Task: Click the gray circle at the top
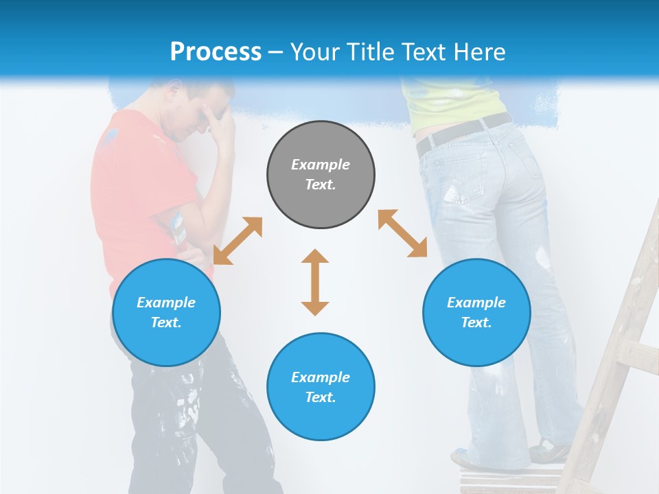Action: [x=321, y=174]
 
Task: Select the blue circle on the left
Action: [x=166, y=312]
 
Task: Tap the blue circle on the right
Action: [x=476, y=312]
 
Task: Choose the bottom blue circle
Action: [x=321, y=387]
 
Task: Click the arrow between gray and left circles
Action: [x=238, y=241]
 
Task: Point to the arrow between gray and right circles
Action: [x=402, y=233]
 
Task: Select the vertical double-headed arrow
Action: [x=315, y=282]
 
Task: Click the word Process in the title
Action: [x=216, y=51]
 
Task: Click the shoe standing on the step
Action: [x=549, y=451]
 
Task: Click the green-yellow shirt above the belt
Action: [x=453, y=103]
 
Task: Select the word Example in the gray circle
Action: [x=321, y=165]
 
